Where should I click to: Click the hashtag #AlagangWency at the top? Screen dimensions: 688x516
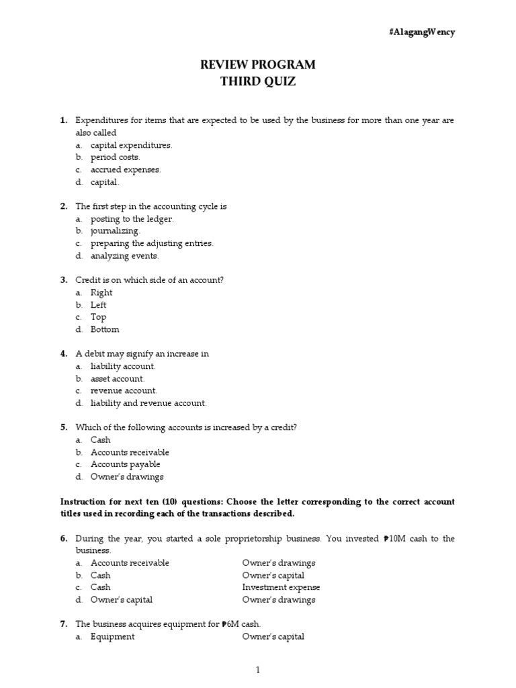(421, 32)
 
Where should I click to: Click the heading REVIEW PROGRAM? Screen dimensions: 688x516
(258, 65)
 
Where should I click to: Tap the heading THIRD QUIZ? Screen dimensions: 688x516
(258, 82)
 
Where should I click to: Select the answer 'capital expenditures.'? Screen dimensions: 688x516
(132, 145)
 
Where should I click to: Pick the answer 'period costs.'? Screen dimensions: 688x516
(116, 157)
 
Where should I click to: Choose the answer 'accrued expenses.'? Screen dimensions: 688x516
(126, 170)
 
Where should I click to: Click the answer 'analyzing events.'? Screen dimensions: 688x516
(125, 256)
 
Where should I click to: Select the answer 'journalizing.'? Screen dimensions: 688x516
(116, 231)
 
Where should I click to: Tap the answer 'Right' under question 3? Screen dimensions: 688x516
(101, 293)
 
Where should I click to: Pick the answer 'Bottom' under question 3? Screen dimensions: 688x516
(105, 330)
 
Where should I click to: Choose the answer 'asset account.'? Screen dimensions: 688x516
(118, 379)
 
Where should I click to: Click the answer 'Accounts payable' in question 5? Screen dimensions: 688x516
(126, 465)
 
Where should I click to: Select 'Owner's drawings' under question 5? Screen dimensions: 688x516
(127, 477)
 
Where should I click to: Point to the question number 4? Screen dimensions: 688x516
(64, 354)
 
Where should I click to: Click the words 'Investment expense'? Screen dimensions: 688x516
(281, 588)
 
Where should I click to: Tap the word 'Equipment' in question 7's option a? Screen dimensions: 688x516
(113, 637)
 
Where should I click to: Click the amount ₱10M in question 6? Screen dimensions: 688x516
(394, 539)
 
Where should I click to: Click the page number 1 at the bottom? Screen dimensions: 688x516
(257, 670)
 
